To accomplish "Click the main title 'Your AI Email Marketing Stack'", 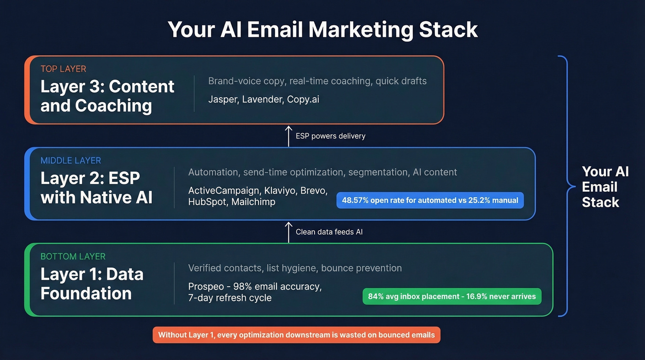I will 322,30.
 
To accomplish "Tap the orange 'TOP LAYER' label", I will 63,69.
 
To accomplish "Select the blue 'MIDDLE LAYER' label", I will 70,161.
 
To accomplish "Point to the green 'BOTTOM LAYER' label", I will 73,256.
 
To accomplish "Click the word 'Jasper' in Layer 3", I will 223,99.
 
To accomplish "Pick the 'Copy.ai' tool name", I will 303,99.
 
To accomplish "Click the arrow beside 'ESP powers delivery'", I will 288,136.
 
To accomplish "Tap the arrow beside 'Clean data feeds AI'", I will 288,232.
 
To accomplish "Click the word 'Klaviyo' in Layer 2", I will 282,191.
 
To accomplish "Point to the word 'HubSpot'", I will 207,202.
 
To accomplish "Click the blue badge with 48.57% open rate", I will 430,201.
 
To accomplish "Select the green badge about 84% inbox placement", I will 451,296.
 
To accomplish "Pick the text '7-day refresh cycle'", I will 230,298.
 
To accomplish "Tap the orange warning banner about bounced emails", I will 296,335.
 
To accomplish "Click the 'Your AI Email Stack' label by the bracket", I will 605,187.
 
